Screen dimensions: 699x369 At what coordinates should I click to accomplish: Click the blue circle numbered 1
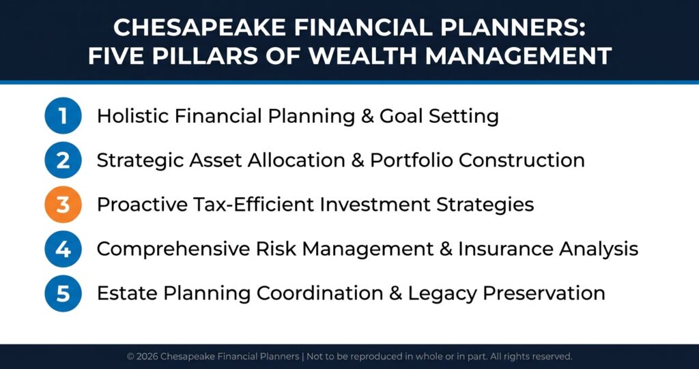63,116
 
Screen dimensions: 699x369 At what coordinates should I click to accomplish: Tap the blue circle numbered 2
63,160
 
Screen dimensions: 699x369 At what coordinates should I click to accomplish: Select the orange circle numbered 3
63,205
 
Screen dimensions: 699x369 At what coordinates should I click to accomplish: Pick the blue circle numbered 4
63,249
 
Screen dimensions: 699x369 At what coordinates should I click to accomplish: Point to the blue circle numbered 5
63,293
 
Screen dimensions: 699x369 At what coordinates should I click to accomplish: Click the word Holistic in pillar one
132,116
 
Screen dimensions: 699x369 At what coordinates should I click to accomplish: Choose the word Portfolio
412,160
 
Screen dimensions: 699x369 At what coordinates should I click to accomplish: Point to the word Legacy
442,294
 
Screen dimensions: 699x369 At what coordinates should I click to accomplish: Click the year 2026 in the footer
147,357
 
